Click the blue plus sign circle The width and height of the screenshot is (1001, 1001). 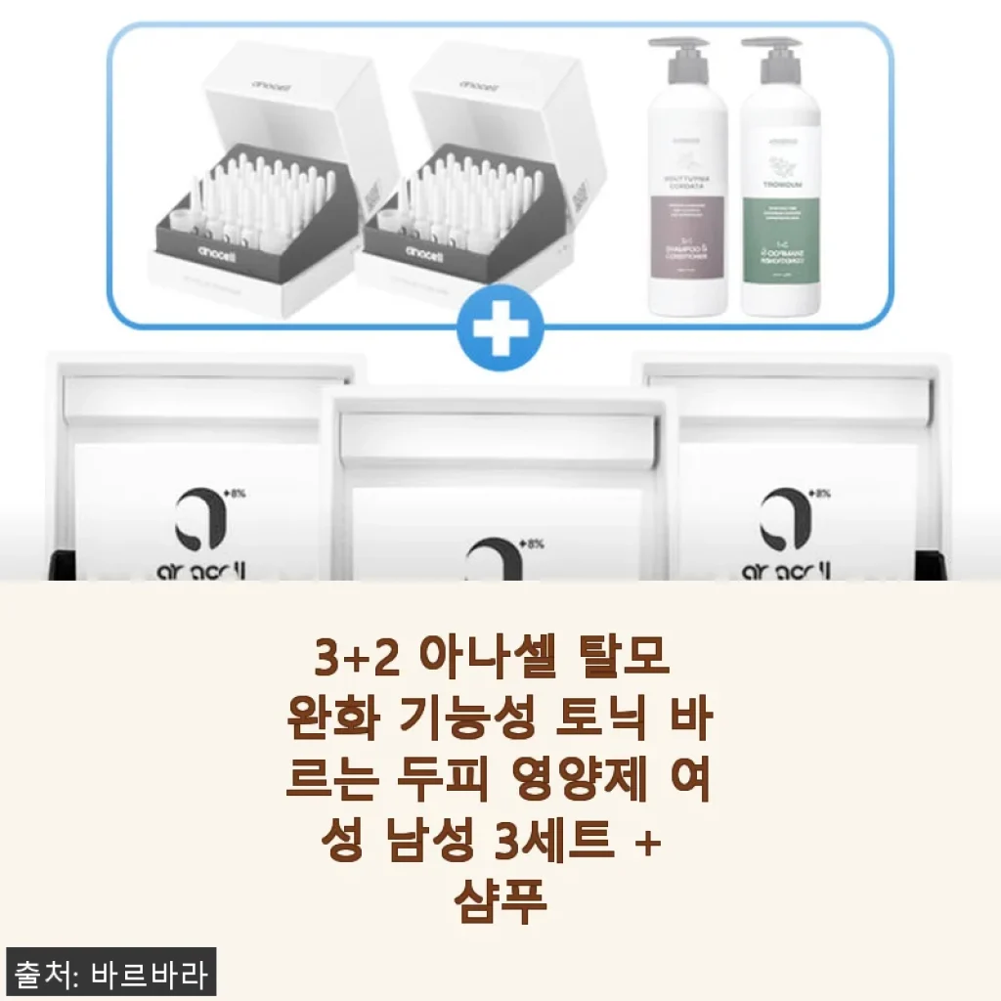(500, 333)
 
